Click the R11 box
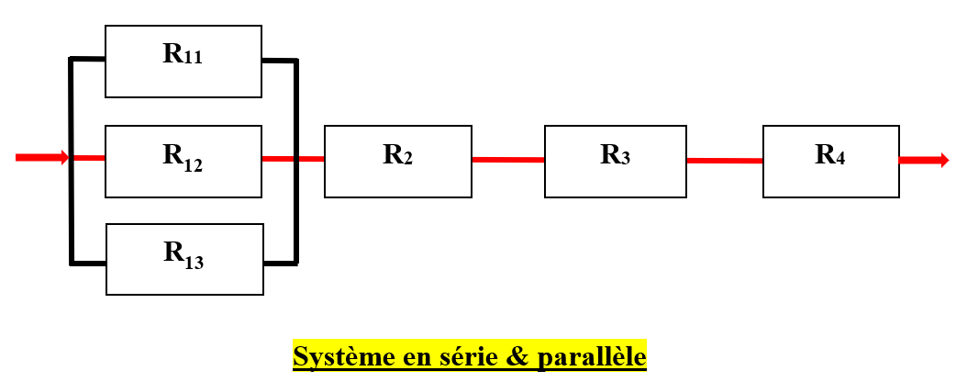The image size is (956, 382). [x=183, y=61]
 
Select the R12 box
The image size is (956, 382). [x=183, y=161]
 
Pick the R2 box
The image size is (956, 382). [x=397, y=161]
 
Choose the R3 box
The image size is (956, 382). [x=616, y=161]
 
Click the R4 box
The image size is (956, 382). [x=830, y=161]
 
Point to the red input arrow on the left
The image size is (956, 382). [x=41, y=158]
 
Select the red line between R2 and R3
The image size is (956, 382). [x=508, y=160]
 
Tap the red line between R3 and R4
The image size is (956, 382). [x=725, y=161]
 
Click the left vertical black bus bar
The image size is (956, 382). [x=71, y=162]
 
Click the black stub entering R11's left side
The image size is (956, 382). [x=88, y=60]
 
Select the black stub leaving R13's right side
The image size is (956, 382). [x=281, y=264]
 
